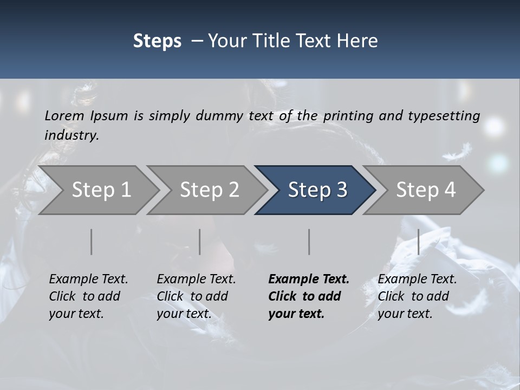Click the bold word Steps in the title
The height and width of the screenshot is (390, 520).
pyautogui.click(x=157, y=41)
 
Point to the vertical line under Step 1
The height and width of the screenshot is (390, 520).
pyautogui.click(x=92, y=242)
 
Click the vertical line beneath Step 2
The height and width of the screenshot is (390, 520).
pyautogui.click(x=200, y=242)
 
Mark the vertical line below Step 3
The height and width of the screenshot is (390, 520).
pyautogui.click(x=309, y=242)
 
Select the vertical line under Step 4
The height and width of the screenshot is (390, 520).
pyautogui.click(x=418, y=242)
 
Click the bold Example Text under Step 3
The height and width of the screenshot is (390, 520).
pyautogui.click(x=309, y=296)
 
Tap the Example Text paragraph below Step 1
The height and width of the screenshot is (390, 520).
pyautogui.click(x=88, y=296)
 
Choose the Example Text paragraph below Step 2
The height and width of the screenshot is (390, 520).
pyautogui.click(x=196, y=296)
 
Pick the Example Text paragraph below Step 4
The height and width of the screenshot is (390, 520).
pyautogui.click(x=417, y=296)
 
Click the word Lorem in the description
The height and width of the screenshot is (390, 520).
pyautogui.click(x=64, y=115)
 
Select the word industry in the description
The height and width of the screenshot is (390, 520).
pyautogui.click(x=71, y=135)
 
